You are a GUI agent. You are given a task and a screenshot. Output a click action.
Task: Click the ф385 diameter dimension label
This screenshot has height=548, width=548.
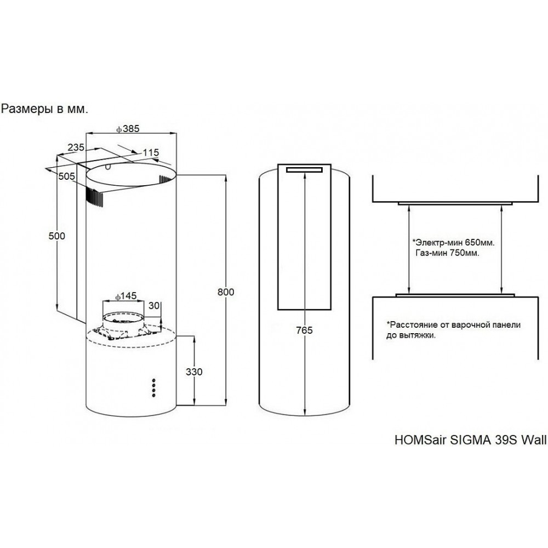tap(129, 129)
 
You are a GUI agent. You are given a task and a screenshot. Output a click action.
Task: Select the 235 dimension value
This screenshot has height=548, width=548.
tap(76, 146)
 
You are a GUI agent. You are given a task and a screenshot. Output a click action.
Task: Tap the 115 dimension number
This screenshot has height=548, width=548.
tap(150, 152)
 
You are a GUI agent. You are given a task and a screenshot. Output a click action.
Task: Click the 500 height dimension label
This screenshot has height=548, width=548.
tap(57, 236)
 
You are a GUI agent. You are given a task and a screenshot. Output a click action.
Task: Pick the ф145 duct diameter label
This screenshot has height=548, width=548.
tap(126, 296)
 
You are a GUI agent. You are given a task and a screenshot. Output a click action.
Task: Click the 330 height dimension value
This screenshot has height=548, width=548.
tap(195, 372)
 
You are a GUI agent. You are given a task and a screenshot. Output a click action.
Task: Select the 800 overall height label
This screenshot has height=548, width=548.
tap(226, 292)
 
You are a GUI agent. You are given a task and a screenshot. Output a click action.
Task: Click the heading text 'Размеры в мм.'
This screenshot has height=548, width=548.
tap(44, 109)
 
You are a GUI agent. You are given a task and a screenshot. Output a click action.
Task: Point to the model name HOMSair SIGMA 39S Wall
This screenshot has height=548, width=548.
tap(470, 439)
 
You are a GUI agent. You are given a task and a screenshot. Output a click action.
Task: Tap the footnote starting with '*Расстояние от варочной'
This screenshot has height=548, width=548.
tap(453, 329)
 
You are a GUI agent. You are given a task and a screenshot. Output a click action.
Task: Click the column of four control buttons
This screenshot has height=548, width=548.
tap(154, 386)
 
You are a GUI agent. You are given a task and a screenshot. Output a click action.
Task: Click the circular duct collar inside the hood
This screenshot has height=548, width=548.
tap(125, 319)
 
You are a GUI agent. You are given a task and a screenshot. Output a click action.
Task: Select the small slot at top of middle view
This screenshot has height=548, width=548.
tap(305, 170)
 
